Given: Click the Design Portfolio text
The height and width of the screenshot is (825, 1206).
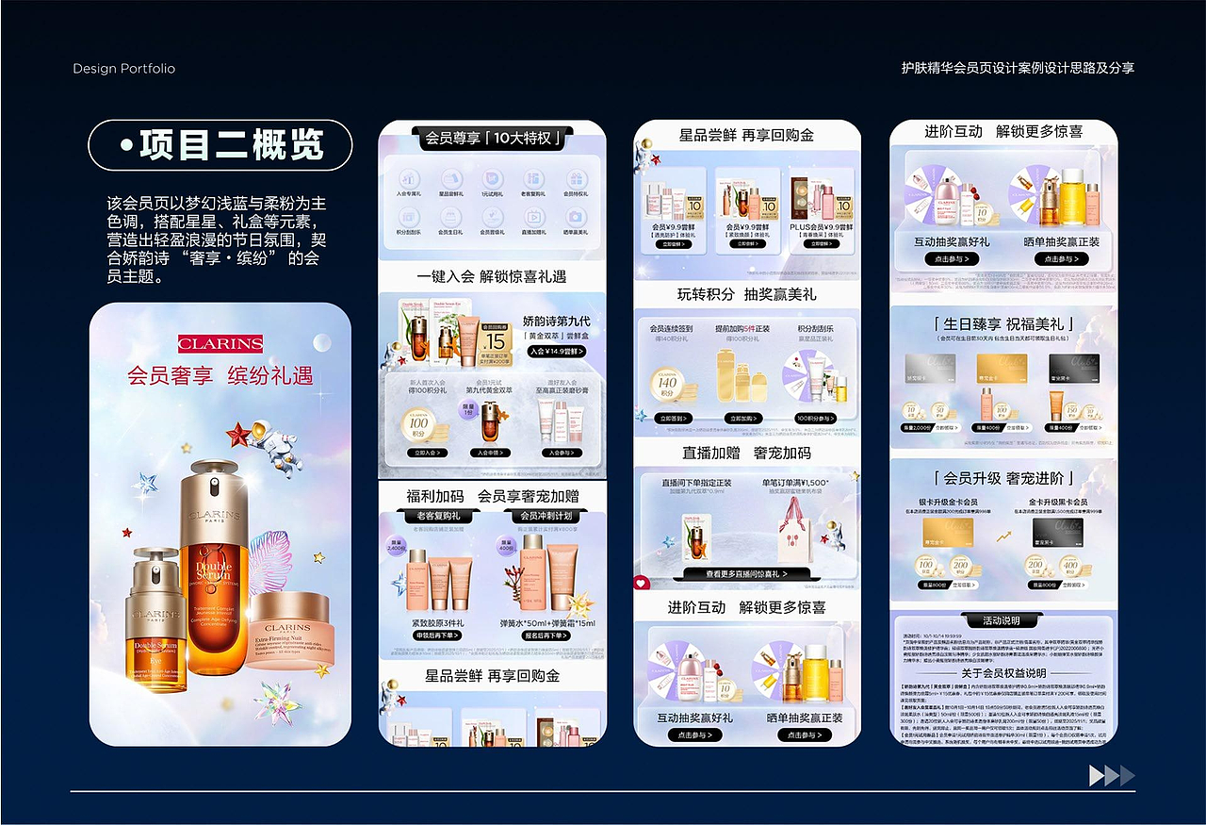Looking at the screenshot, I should point(123,69).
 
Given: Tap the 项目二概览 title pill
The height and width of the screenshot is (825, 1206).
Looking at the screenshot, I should point(220,145).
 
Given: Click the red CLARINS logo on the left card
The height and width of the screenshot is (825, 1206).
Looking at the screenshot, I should point(220,344).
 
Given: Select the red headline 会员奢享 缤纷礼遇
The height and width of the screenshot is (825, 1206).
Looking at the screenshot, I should point(220,375).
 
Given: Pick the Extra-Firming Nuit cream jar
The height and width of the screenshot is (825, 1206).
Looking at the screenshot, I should point(287,629).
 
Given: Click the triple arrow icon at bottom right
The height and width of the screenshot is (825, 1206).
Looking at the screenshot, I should point(1112,776).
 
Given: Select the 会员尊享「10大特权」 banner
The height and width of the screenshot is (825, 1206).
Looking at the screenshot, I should point(493,140).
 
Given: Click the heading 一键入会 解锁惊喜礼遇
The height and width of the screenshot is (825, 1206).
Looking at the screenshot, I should point(492,276).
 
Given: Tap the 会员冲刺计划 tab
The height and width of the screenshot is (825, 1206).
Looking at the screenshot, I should point(546,517).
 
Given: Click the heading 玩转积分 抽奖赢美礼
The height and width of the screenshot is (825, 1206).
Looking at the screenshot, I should point(747,294).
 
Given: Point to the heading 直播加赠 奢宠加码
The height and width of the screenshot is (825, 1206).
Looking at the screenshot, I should point(747,453).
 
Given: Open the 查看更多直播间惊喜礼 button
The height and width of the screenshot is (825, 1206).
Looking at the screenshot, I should point(746,573).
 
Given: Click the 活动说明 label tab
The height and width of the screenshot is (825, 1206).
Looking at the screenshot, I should point(1002,620).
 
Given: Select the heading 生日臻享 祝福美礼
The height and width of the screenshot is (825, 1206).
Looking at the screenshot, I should point(1003,324).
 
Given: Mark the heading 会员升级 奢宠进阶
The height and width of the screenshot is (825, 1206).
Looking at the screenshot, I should point(1003,478).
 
